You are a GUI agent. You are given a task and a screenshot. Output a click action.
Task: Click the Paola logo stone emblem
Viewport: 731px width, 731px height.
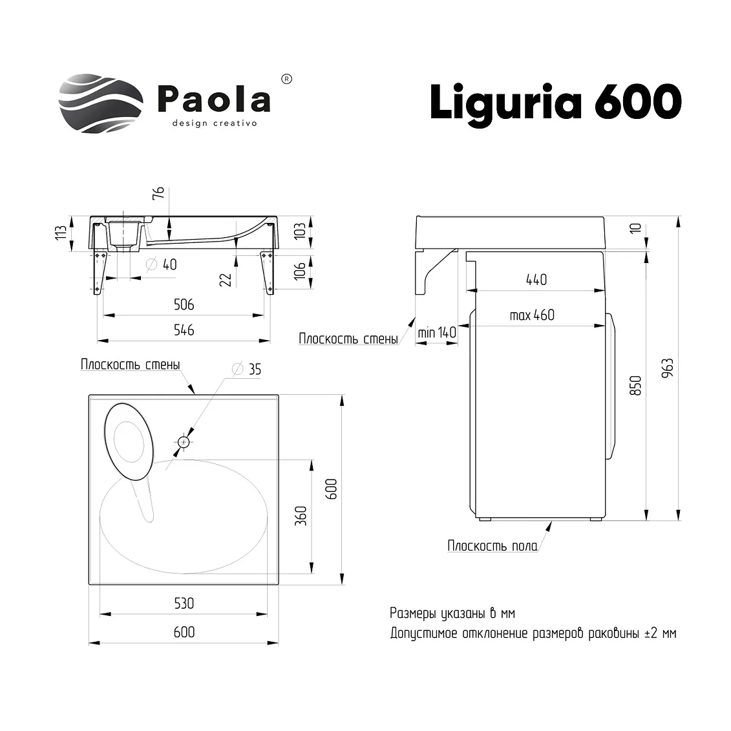[101, 103]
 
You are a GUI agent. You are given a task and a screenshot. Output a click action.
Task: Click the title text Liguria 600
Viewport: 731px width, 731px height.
[556, 103]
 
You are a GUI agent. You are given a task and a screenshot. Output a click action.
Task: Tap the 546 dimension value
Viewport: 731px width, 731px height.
[184, 330]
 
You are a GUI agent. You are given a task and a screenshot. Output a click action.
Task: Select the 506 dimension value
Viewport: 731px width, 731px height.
[184, 304]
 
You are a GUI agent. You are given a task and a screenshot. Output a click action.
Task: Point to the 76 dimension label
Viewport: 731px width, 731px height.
[159, 193]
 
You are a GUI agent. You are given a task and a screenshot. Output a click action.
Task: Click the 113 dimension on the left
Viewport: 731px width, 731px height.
[61, 233]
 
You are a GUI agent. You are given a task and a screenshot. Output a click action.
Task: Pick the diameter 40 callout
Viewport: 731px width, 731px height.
[162, 265]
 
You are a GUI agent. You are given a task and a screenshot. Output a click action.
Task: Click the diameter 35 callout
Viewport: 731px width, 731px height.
[247, 369]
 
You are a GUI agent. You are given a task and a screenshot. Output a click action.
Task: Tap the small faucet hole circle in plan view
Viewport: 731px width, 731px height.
[184, 442]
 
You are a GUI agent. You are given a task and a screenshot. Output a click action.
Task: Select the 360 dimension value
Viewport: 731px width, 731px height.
[301, 516]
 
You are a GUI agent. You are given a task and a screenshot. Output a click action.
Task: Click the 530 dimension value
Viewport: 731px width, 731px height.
[184, 603]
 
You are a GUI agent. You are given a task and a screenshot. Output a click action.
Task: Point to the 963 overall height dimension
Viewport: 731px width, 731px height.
[668, 368]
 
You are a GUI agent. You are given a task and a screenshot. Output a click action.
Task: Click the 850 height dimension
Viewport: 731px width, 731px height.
[636, 386]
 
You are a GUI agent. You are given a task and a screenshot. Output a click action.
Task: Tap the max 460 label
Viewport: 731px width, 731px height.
[532, 315]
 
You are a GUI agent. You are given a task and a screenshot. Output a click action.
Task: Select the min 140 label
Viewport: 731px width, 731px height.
[437, 332]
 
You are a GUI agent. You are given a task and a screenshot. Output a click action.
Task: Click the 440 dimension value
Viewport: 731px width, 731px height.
[536, 280]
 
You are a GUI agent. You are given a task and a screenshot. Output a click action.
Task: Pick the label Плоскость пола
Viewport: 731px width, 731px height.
[493, 546]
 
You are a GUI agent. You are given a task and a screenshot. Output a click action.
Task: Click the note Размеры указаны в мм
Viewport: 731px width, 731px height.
[452, 613]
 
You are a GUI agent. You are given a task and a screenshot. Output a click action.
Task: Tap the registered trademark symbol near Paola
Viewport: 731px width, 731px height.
[287, 79]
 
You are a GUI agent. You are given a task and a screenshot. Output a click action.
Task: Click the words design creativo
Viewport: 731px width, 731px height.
[215, 123]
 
